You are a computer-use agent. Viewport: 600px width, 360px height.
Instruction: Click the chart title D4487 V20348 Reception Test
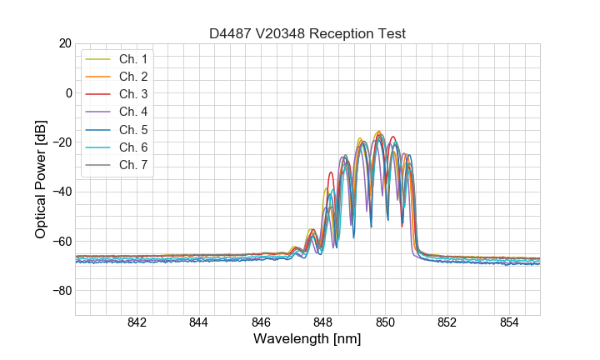[x=307, y=33]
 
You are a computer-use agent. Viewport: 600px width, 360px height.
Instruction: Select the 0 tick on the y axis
[x=68, y=92]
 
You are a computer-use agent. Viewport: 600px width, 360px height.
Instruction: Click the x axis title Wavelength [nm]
[x=307, y=340]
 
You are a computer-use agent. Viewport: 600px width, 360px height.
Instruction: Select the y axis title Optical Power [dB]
[x=41, y=179]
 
